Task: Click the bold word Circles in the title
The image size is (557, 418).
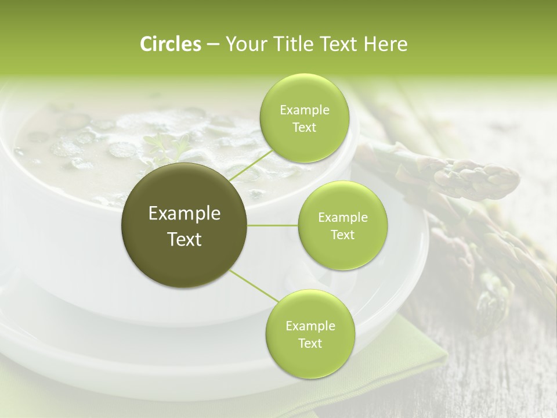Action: (170, 44)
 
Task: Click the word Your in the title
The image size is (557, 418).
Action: (244, 44)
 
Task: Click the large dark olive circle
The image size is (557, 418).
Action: (185, 225)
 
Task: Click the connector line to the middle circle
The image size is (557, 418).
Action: (273, 225)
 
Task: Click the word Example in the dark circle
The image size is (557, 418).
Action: (185, 214)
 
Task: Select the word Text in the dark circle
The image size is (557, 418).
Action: (185, 239)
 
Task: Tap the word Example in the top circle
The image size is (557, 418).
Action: (305, 110)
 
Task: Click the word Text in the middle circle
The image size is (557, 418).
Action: (342, 235)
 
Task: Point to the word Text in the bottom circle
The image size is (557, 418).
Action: (310, 343)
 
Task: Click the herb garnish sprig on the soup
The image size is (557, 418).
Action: (165, 145)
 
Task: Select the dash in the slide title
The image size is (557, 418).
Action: (212, 45)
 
